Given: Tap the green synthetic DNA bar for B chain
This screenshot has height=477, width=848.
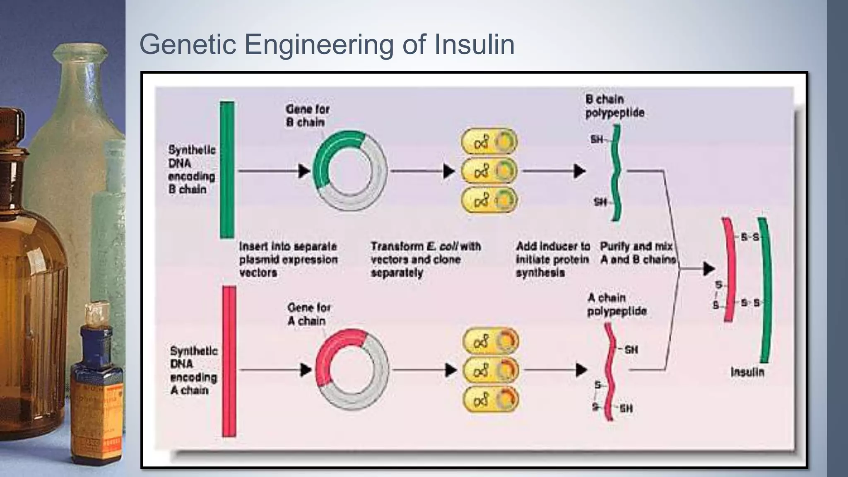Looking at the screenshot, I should point(226,170).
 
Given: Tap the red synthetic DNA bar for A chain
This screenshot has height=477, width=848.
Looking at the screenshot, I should point(229,361).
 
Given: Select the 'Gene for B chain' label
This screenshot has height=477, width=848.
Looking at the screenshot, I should point(307,116).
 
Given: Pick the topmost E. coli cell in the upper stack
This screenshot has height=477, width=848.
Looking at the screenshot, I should point(489,142).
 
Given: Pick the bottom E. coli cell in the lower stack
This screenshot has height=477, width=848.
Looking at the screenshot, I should point(490,400).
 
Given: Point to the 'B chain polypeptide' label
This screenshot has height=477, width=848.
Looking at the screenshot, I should point(614,106).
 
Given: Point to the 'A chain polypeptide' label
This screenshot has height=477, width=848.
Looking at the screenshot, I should point(616,304).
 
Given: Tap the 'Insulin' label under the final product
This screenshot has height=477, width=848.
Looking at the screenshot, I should point(747,372).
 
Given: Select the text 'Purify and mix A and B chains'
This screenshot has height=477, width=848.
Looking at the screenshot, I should point(637,253).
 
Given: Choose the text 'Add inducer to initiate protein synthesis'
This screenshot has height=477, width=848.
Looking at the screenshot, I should point(552,260).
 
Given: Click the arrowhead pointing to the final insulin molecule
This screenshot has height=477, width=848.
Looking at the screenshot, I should point(708,269).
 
